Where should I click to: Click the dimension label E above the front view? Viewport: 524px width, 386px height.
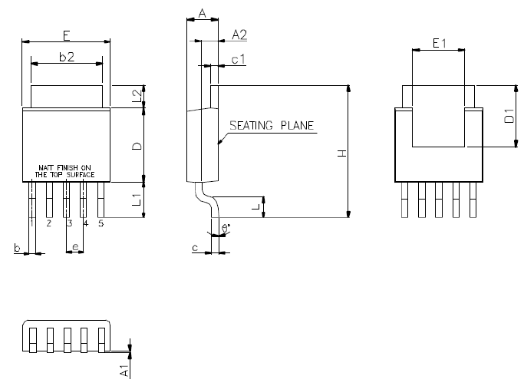67,35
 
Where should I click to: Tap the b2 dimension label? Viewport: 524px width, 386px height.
67,57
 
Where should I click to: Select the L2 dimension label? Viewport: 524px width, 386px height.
137,96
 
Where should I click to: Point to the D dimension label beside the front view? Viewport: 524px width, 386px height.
137,146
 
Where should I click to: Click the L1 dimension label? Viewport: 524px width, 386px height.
137,200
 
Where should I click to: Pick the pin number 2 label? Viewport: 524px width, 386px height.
49,223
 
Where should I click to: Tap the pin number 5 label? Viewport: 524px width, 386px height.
101,223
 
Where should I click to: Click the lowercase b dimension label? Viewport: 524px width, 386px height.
17,248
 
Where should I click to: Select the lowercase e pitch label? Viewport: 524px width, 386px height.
75,247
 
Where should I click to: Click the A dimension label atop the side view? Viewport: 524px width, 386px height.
203,14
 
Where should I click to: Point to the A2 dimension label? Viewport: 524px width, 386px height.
239,35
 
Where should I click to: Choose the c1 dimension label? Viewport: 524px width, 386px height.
239,60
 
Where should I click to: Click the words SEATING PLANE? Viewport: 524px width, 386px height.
272,125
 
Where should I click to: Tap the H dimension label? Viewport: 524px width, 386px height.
342,153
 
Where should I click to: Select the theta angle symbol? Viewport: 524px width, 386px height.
226,228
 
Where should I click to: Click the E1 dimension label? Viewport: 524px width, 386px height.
439,43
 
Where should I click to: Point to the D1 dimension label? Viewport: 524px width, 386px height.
509,116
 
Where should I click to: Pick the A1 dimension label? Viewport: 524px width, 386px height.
124,371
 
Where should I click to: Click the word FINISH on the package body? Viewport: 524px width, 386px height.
68,167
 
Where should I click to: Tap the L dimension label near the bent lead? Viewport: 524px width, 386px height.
256,207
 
